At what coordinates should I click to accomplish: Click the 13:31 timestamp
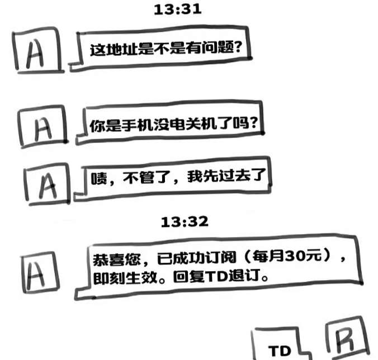pyautogui.click(x=177, y=10)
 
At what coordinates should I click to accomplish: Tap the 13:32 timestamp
pyautogui.click(x=184, y=222)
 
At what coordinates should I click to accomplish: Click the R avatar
pyautogui.click(x=347, y=339)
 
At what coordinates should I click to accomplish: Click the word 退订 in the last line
pyautogui.click(x=245, y=277)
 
